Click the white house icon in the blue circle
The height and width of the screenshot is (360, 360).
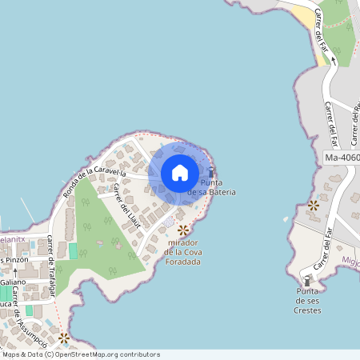180,173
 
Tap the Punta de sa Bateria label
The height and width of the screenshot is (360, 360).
211,188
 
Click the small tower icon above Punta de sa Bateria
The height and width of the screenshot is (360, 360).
211,172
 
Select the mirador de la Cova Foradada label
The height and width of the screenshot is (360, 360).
184,251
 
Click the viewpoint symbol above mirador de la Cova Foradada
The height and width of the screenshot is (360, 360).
184,230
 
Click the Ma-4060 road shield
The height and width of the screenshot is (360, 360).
342,158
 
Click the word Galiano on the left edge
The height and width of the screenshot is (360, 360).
14,282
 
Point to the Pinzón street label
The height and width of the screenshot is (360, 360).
16,260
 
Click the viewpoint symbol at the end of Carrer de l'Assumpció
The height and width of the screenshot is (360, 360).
64,338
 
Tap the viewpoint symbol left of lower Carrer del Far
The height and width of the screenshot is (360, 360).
313,206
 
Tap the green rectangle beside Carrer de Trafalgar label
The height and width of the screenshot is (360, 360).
73,251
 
